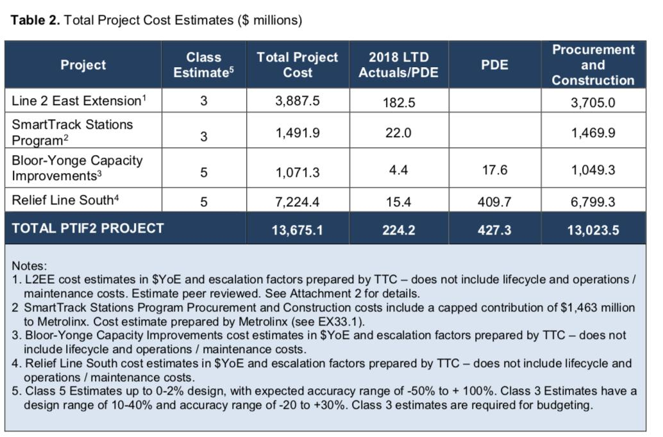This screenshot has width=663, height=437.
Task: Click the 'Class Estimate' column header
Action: [x=204, y=65]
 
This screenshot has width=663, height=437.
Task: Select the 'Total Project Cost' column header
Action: [x=297, y=65]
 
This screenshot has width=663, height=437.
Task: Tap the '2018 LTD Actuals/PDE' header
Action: [x=398, y=65]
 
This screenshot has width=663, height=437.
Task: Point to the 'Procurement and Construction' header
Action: [x=592, y=65]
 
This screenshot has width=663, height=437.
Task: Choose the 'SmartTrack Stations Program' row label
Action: [x=72, y=132]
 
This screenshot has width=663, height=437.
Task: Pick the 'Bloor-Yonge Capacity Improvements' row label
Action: [x=78, y=168]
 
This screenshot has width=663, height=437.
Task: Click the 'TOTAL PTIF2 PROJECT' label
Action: [x=88, y=228]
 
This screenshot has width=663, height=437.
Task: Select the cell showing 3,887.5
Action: [x=297, y=101]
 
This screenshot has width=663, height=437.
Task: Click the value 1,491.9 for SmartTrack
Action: [x=297, y=133]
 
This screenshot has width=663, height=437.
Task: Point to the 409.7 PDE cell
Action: [x=494, y=202]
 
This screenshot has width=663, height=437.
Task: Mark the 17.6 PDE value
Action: [x=494, y=170]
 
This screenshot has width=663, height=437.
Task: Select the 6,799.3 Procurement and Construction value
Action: [x=593, y=202]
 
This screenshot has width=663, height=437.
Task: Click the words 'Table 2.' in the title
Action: [x=36, y=20]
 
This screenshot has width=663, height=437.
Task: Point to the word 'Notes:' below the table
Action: [x=29, y=265]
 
